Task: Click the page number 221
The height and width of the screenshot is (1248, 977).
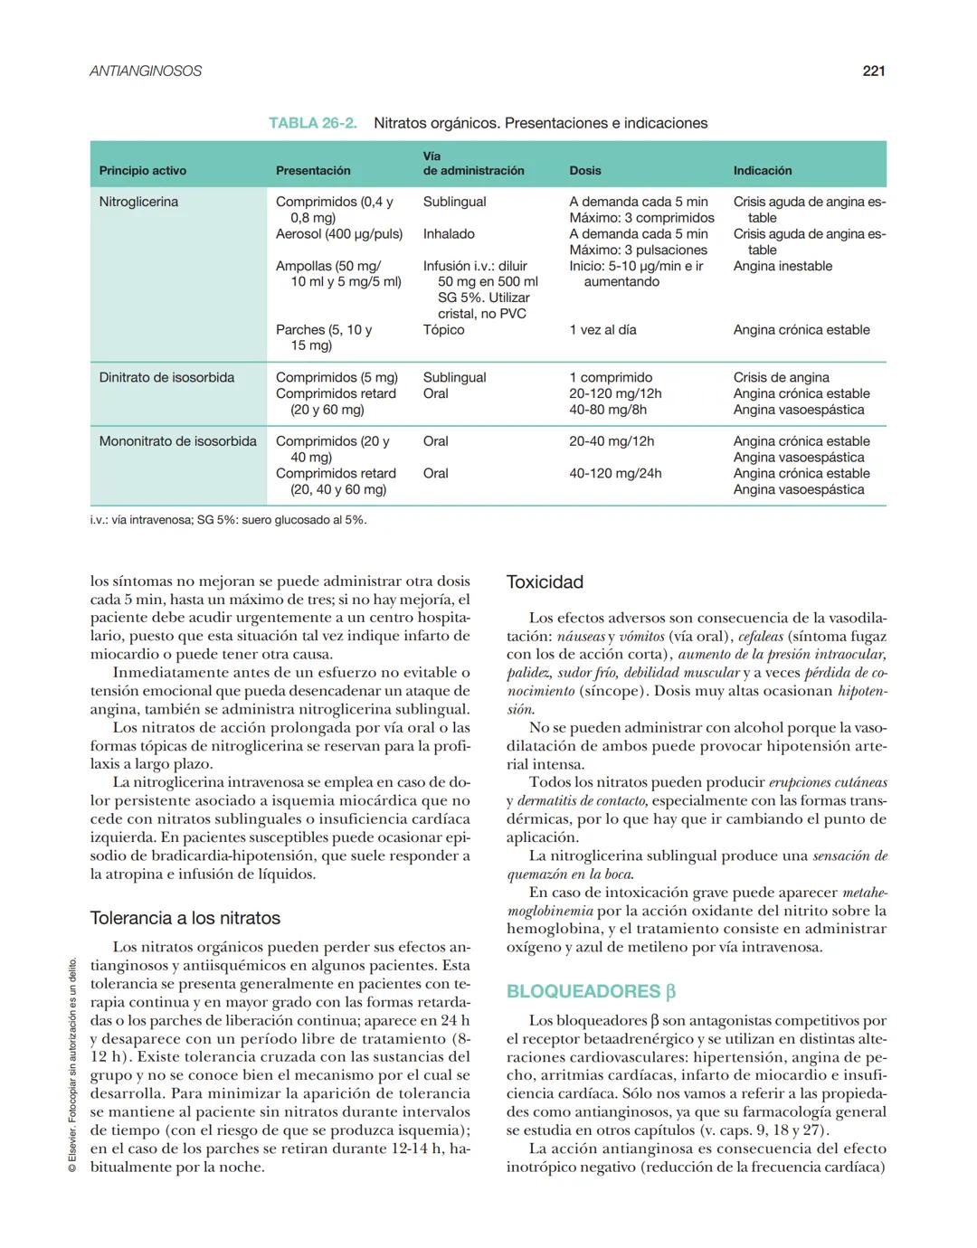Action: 873,71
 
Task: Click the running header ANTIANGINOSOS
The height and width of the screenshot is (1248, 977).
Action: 146,71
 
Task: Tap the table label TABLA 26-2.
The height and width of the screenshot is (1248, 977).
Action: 312,123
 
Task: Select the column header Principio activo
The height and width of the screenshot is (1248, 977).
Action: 143,170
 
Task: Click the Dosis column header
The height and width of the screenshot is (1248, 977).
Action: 585,170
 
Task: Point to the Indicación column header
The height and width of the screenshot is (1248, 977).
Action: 762,170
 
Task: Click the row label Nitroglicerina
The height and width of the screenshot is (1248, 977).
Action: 138,202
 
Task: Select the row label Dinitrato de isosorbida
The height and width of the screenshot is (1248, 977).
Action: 166,377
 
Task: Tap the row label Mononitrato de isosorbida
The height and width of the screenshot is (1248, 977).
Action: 177,441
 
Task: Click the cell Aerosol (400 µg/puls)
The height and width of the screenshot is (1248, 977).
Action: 339,234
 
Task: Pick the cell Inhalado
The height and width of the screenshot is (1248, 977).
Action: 449,234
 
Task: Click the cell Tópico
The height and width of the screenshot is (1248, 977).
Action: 443,330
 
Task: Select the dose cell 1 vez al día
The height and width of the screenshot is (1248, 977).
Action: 602,330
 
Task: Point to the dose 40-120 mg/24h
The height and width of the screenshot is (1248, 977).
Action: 615,473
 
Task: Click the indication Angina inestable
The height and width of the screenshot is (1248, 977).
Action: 783,266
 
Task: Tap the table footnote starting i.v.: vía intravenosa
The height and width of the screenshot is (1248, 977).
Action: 228,520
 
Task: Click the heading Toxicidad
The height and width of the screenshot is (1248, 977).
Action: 545,582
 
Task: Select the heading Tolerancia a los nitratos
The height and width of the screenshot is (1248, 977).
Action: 185,918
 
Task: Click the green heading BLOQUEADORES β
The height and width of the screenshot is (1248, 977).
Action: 591,991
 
